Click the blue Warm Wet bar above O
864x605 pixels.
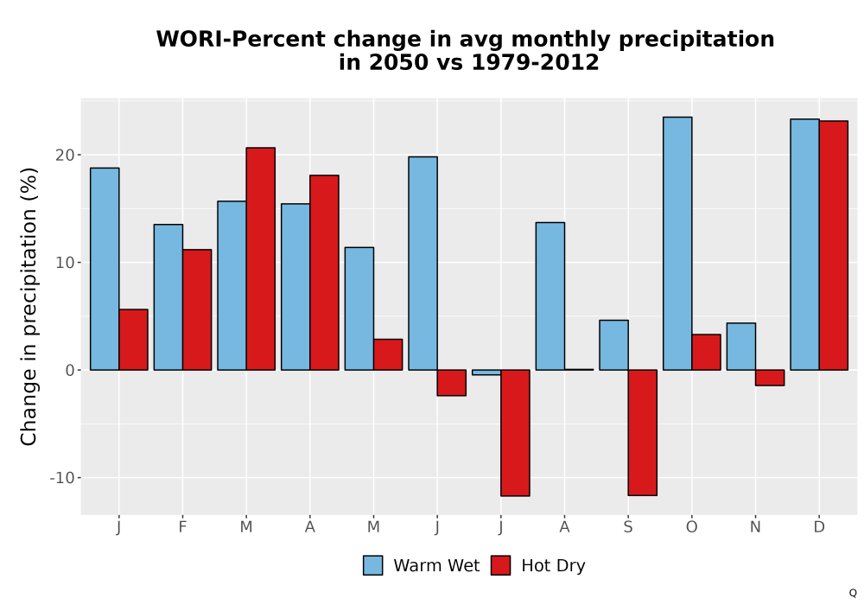coord(677,244)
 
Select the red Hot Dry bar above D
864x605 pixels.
coord(833,245)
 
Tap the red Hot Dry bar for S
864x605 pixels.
coord(643,432)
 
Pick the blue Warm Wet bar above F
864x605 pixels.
coord(168,297)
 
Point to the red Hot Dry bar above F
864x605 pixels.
coord(197,309)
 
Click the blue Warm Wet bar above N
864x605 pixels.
coord(741,347)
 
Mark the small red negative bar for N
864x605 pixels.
coord(770,378)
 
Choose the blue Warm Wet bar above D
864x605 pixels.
coord(804,245)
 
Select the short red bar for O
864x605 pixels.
coord(706,352)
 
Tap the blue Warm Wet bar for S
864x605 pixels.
coord(613,345)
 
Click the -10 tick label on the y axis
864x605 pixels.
coord(62,478)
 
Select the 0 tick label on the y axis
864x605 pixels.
coord(70,370)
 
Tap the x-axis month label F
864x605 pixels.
coord(182,527)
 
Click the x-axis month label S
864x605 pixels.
coord(628,527)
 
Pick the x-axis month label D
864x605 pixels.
coord(819,527)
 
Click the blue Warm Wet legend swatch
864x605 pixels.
coord(373,565)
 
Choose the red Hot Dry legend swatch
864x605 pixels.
coord(501,565)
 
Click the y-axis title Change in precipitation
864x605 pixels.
coord(29,306)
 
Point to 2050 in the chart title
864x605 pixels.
coord(398,62)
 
